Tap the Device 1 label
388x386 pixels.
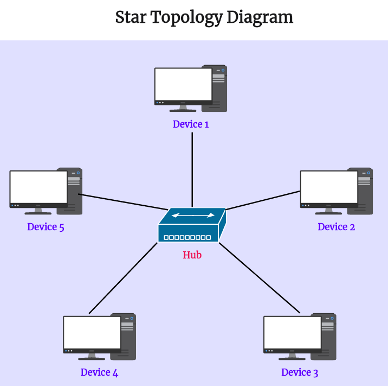point(191,124)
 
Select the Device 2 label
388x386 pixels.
point(336,227)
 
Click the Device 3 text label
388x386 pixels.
point(300,372)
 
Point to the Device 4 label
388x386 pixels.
point(99,372)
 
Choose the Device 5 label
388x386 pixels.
point(46,227)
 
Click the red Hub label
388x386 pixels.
point(192,255)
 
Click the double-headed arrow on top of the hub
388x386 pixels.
point(193,216)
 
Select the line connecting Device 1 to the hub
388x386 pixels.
point(192,168)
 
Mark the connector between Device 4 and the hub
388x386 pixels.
point(123,278)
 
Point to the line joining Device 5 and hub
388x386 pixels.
point(122,201)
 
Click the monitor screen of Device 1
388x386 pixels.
point(183,84)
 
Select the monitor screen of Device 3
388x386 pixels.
point(292,332)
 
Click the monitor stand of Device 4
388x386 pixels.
point(92,356)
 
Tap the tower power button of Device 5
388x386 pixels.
point(79,174)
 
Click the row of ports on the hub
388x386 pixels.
point(187,238)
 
